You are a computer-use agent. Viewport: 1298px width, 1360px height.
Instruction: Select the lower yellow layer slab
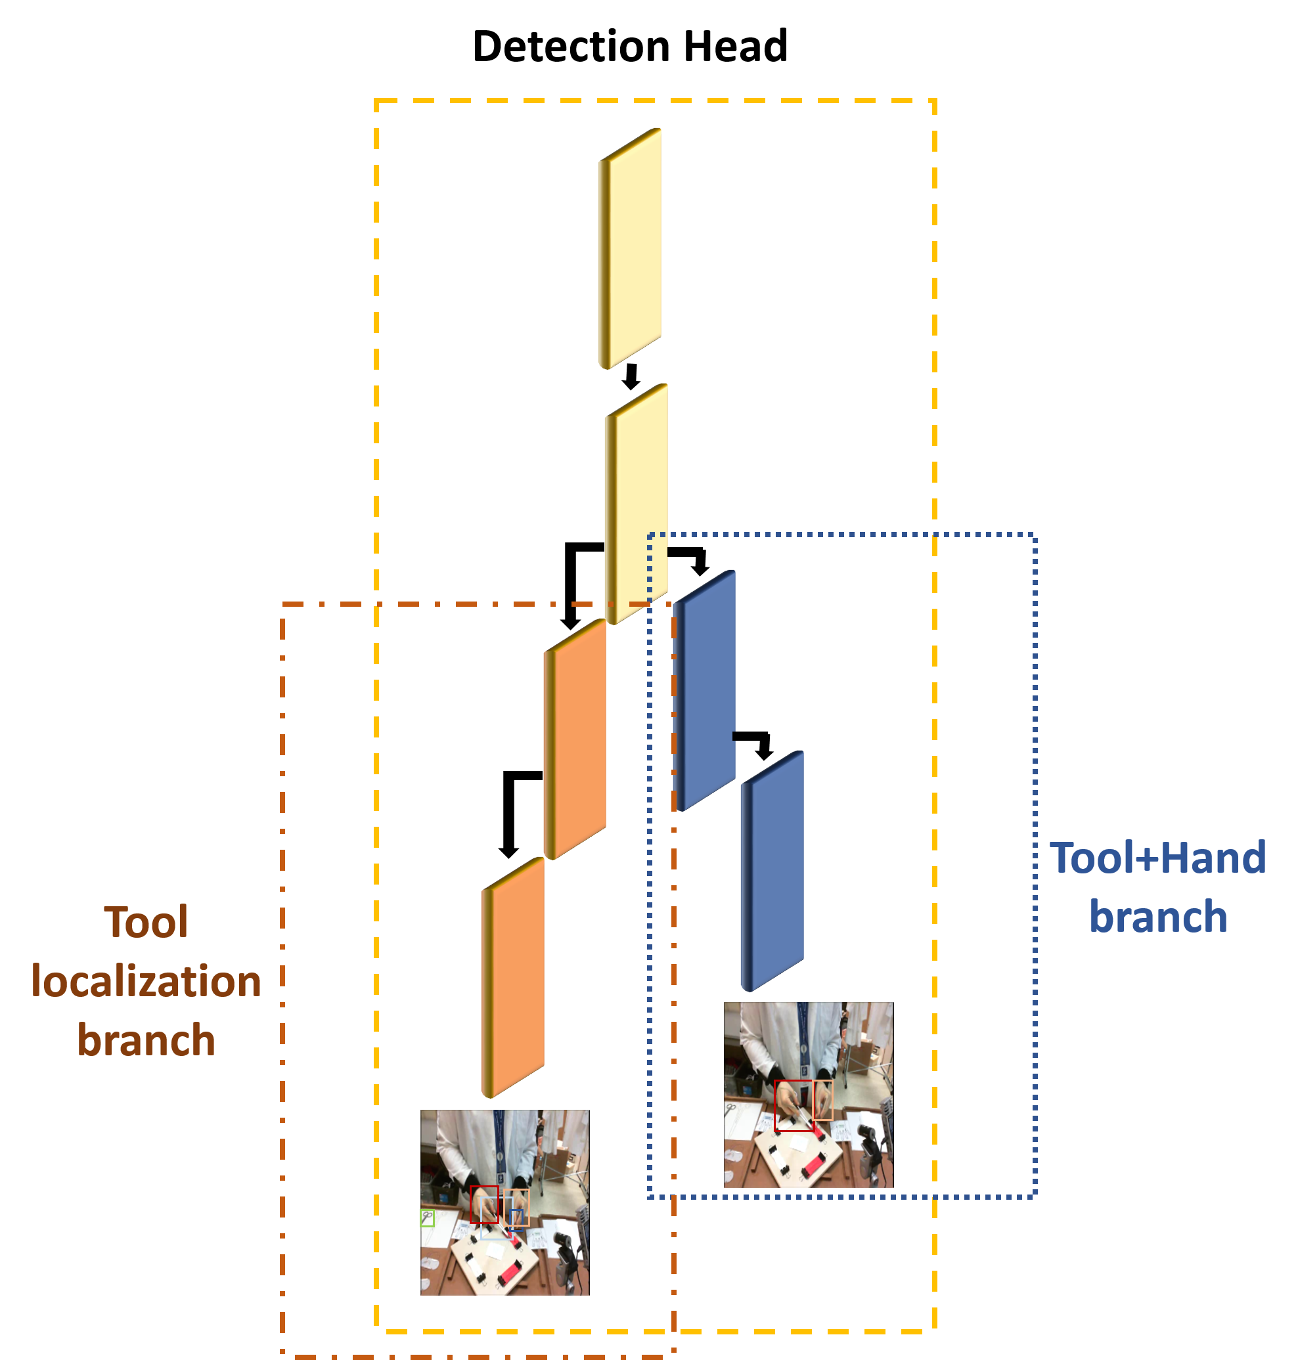[x=637, y=502]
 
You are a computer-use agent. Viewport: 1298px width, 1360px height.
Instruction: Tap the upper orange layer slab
[x=575, y=738]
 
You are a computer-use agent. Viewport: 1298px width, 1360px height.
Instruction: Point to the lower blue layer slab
[x=772, y=870]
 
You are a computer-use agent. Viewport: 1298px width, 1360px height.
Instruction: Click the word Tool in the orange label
[x=146, y=922]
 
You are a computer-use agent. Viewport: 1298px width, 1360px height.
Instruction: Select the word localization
[x=146, y=981]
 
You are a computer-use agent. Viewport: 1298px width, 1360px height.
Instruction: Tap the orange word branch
[x=146, y=1040]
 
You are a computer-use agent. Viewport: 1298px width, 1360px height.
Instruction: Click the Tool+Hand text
[x=1157, y=858]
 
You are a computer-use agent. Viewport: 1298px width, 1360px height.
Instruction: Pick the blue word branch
[x=1157, y=917]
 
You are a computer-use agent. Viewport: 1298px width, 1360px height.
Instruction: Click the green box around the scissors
[x=428, y=1218]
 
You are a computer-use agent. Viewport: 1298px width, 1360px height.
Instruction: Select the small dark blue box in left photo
[x=516, y=1217]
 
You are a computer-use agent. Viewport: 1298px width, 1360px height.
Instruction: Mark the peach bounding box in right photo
[x=822, y=1100]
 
